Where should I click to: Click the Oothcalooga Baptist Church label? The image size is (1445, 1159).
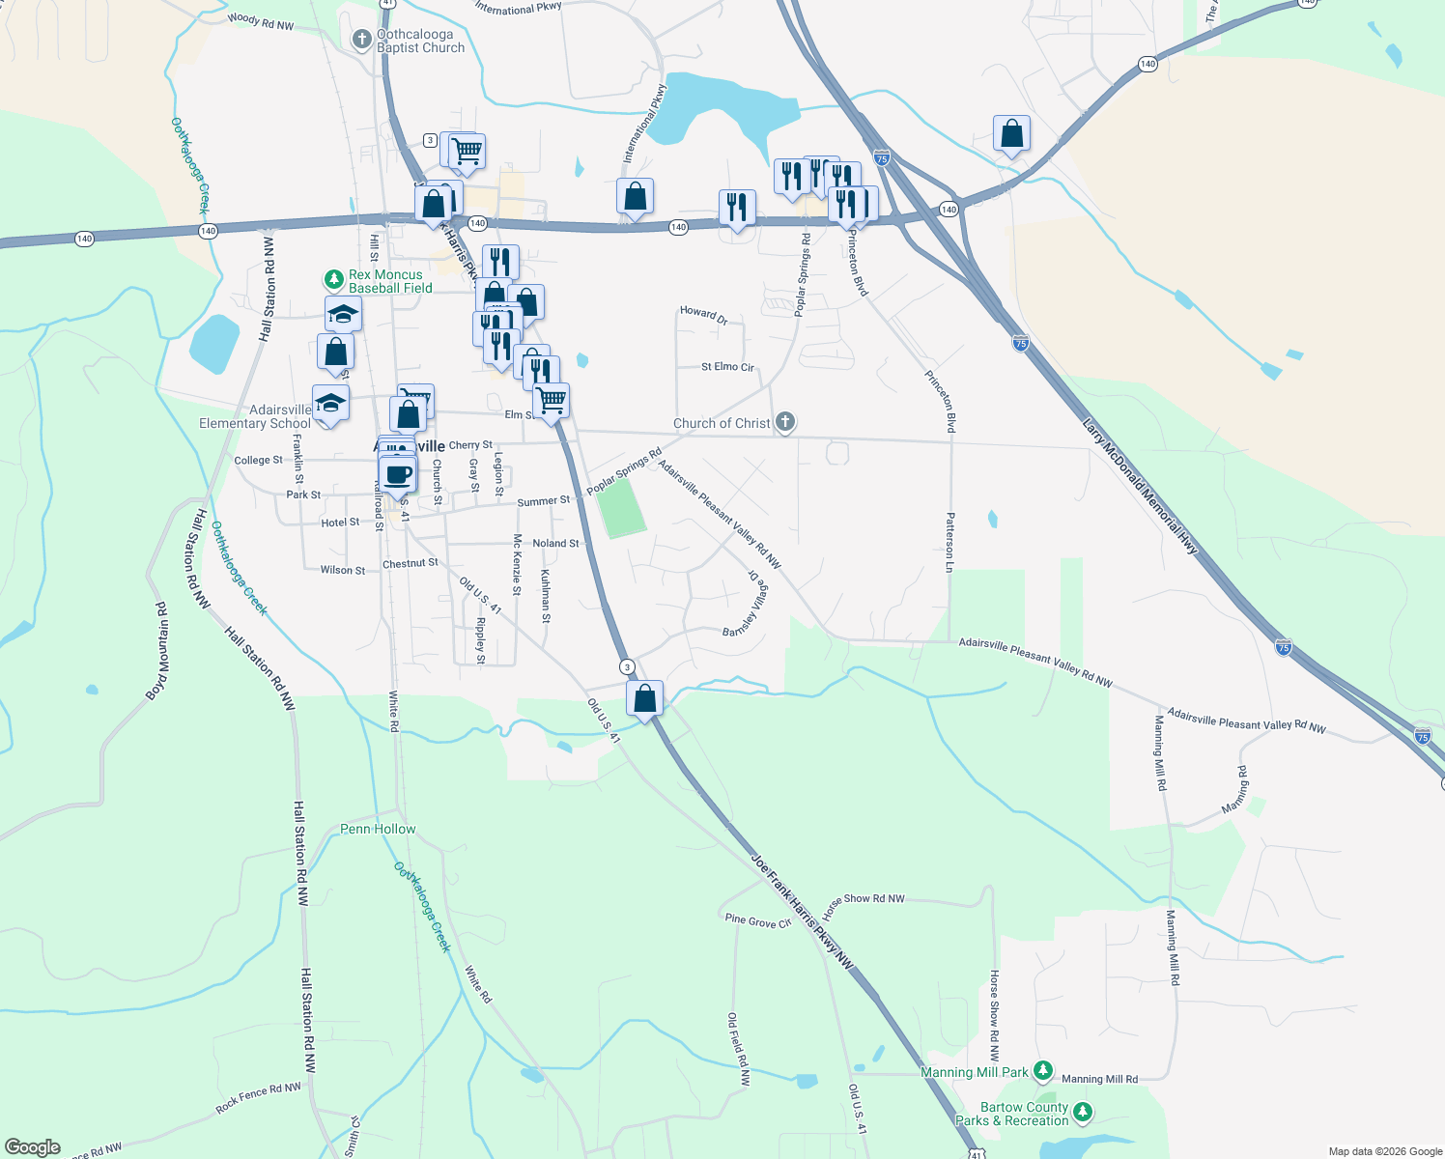(420, 41)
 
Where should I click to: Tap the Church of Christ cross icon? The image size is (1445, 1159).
(786, 421)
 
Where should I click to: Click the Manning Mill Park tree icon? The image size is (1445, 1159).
(1043, 1070)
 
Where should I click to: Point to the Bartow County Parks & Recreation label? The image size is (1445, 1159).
(1025, 1114)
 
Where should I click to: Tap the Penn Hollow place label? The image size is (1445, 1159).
(378, 829)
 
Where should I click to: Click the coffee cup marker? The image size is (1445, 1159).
(397, 476)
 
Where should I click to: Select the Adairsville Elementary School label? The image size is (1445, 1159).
(255, 416)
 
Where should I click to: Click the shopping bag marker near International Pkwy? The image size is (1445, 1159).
(635, 196)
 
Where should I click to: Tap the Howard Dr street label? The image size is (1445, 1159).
(703, 314)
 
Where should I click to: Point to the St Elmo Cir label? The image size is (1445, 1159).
(727, 367)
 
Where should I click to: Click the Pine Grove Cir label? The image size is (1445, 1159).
(758, 921)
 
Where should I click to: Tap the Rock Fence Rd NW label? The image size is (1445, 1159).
(258, 1097)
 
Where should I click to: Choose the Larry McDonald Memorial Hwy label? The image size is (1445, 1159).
(1140, 486)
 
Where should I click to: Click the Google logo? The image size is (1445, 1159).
(33, 1146)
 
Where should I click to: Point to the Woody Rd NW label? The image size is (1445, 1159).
(261, 20)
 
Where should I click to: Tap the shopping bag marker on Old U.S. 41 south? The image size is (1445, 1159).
(644, 698)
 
